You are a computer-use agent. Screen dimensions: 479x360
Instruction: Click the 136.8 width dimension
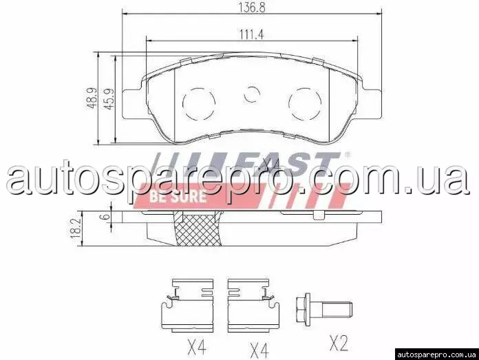click(x=252, y=8)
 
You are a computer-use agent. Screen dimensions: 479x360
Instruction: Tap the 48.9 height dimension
click(x=92, y=98)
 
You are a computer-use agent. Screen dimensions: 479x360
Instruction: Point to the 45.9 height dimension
click(x=109, y=98)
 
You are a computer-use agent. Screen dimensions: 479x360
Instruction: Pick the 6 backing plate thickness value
click(x=106, y=216)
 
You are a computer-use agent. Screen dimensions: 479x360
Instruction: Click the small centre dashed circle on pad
click(x=252, y=94)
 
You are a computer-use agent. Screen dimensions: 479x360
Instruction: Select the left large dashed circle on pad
click(x=199, y=103)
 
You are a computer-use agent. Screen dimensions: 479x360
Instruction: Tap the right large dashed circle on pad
click(x=305, y=104)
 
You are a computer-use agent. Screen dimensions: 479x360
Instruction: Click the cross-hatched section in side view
click(x=199, y=229)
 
